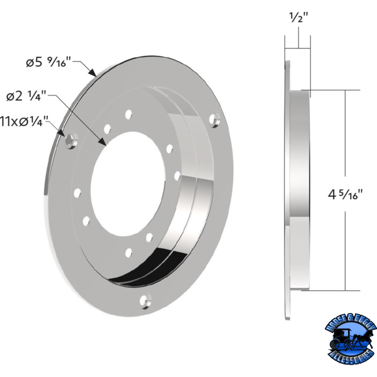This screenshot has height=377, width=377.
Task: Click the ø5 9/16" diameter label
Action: pyautogui.click(x=49, y=62)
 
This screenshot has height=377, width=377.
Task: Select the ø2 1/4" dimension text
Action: pyautogui.click(x=26, y=96)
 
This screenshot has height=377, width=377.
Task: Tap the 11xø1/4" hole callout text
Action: pyautogui.click(x=24, y=121)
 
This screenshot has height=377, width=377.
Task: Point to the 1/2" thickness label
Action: pyautogui.click(x=298, y=17)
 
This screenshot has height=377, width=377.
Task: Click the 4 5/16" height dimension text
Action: pyautogui.click(x=345, y=194)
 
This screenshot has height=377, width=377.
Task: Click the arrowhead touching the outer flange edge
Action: pyautogui.click(x=93, y=73)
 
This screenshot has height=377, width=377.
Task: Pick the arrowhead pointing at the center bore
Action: pyautogui.click(x=103, y=142)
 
